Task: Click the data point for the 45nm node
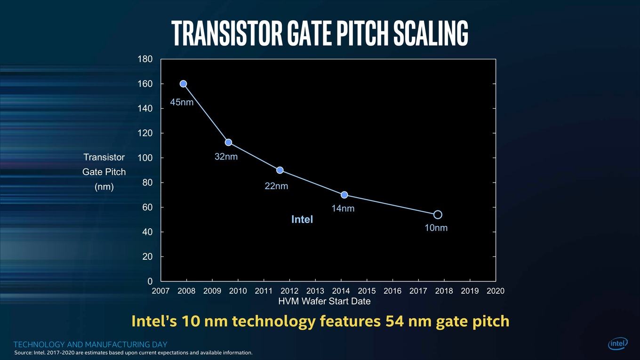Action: click(x=184, y=84)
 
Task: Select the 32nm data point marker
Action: click(x=228, y=142)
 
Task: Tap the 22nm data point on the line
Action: click(x=280, y=170)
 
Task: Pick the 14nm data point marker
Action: click(x=344, y=195)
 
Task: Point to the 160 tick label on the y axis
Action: click(x=145, y=84)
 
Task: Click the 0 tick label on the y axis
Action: click(x=150, y=281)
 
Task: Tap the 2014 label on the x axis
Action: click(x=341, y=291)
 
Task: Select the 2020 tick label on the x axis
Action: click(x=496, y=291)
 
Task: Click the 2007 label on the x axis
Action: click(x=160, y=291)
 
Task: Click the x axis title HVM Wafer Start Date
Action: click(x=324, y=301)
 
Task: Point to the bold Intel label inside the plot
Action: click(x=302, y=219)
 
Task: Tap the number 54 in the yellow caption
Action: click(x=394, y=321)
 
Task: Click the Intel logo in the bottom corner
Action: click(x=618, y=344)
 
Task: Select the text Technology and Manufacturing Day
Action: click(x=90, y=344)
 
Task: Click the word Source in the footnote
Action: click(x=23, y=353)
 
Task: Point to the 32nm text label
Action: click(x=226, y=157)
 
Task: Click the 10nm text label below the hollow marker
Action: click(x=436, y=228)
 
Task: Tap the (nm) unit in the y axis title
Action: click(x=104, y=187)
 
